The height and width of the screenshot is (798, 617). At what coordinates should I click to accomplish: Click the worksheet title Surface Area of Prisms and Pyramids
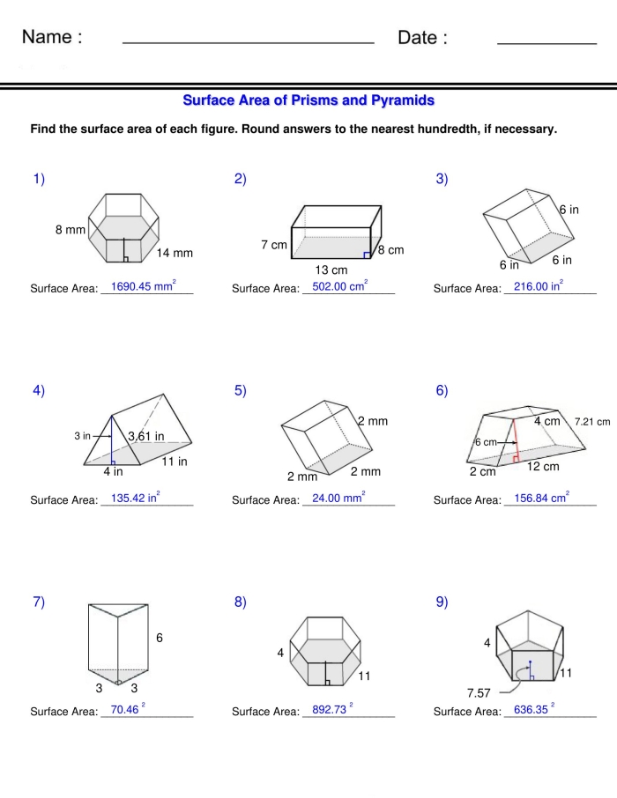[308, 100]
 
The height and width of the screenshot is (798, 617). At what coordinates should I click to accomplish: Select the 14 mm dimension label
[175, 254]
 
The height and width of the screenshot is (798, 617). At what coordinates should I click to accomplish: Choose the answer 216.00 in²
[539, 286]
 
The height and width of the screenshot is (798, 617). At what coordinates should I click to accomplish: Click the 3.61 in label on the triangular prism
[145, 436]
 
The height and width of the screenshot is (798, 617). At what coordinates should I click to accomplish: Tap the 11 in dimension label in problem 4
[174, 461]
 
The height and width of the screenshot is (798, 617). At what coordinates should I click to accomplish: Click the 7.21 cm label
[591, 422]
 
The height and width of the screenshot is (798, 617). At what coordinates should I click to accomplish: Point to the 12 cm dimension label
[543, 466]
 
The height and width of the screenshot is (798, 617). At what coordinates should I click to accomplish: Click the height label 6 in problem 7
[160, 638]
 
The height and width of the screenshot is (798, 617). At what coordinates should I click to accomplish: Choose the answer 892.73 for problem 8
[331, 710]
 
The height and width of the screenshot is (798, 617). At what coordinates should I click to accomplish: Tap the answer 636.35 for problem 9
[532, 710]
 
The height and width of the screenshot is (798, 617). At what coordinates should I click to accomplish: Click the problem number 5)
[241, 391]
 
